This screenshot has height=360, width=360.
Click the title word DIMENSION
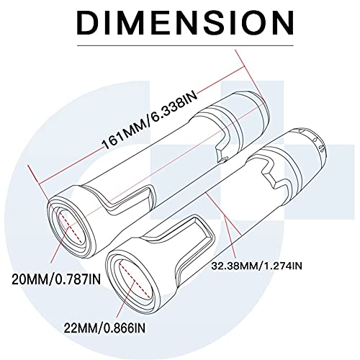(x=179, y=22)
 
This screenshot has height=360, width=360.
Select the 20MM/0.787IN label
(x=50, y=275)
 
